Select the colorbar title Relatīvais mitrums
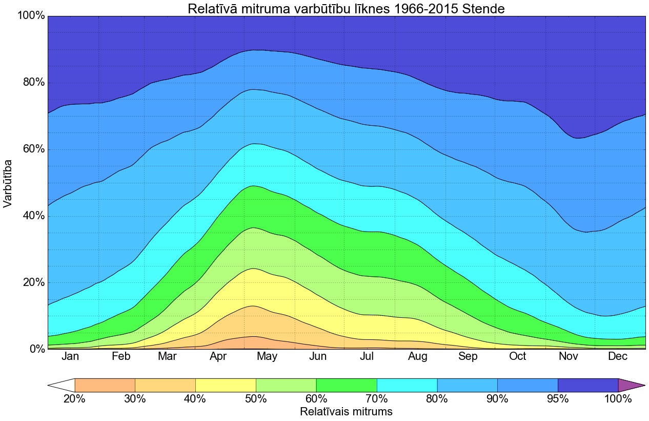(x=346, y=412)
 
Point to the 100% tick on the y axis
(x=31, y=16)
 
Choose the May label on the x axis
(x=267, y=356)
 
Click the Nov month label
(x=568, y=356)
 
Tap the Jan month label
(x=70, y=356)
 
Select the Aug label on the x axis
(x=418, y=356)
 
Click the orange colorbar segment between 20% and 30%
(x=105, y=385)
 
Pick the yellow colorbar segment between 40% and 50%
(x=226, y=385)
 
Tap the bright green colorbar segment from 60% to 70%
(x=347, y=385)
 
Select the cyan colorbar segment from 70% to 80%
(x=407, y=385)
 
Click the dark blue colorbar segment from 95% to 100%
(x=588, y=385)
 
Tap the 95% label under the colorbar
(x=558, y=399)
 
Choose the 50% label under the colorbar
(x=256, y=399)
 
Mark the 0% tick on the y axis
(x=35, y=349)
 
